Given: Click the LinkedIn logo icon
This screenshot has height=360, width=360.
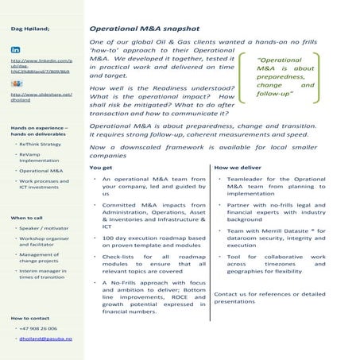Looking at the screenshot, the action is pyautogui.click(x=15, y=48).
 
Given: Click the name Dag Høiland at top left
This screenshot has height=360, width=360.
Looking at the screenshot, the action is pyautogui.click(x=30, y=29).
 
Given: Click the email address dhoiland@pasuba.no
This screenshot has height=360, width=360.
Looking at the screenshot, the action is pyautogui.click(x=45, y=339).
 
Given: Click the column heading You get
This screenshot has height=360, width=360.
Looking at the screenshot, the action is pyautogui.click(x=101, y=168).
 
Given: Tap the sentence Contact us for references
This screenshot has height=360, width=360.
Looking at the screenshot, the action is pyautogui.click(x=269, y=293).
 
